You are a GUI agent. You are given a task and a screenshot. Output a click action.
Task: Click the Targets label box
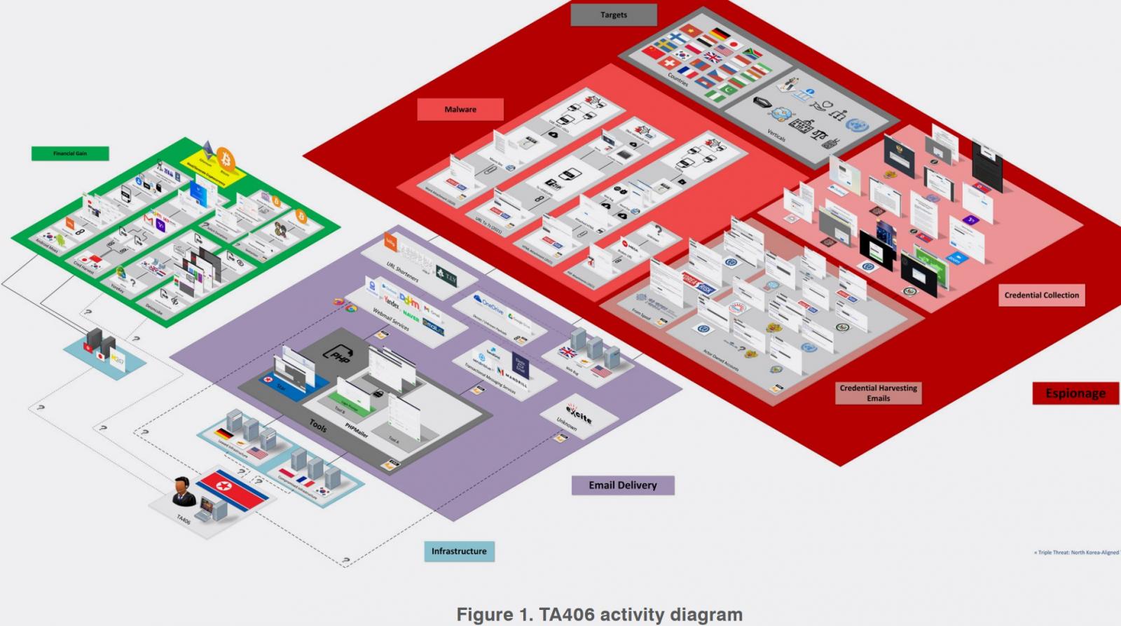click(614, 15)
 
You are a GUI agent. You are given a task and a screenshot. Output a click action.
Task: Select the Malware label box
click(460, 109)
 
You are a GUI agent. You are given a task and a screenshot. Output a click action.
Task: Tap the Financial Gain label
click(70, 153)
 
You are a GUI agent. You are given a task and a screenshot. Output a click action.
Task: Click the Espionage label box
click(1075, 394)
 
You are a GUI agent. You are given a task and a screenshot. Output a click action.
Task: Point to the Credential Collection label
click(1041, 295)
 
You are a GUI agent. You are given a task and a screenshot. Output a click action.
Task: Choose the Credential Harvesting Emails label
click(878, 393)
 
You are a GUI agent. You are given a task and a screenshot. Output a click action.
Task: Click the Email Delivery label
click(622, 485)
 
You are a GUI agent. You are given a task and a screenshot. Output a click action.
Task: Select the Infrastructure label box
click(459, 551)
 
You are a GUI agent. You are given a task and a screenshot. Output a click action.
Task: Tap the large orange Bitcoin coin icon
click(226, 155)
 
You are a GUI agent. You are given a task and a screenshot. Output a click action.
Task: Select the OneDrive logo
click(488, 305)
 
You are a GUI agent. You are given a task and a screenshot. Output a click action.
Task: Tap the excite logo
click(579, 415)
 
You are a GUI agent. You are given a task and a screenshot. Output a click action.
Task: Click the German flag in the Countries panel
click(720, 34)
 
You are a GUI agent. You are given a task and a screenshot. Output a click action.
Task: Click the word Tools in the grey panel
click(318, 424)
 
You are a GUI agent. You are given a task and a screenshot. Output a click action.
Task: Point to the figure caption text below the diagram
click(599, 615)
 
